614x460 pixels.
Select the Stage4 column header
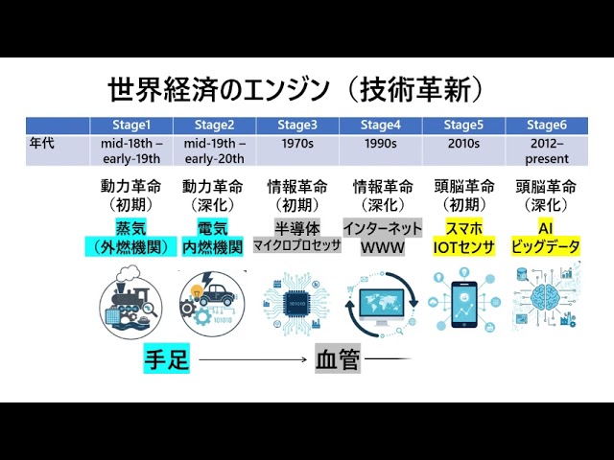(381, 125)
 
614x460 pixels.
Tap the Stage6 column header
(547, 125)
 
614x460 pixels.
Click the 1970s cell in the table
(296, 144)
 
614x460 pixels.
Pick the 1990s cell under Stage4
(381, 144)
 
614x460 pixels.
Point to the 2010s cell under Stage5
(464, 144)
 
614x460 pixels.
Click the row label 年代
(44, 144)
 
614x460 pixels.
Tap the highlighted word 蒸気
(132, 228)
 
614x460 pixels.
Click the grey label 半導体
(297, 228)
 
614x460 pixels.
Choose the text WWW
(381, 247)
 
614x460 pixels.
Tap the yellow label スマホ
(464, 228)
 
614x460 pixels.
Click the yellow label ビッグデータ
(547, 247)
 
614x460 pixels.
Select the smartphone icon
(464, 300)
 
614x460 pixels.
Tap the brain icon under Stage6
(546, 300)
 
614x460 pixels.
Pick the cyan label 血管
(337, 361)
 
